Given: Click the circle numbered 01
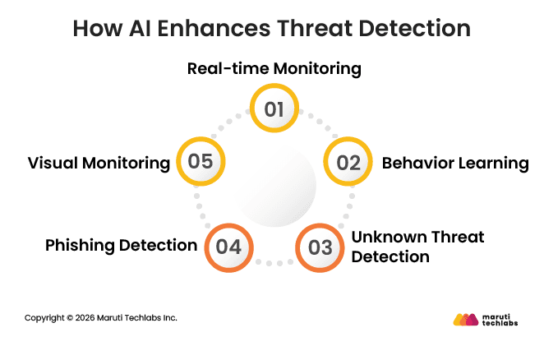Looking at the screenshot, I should coord(273,108).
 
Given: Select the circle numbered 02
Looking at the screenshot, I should coord(348,162).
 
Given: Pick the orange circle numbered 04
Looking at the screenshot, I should coord(228,246).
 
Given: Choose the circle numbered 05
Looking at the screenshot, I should coord(200,161).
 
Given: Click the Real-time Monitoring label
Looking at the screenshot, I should coord(274,68).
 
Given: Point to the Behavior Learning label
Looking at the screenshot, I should coord(454,163).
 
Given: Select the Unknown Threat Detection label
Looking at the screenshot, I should coord(417,247).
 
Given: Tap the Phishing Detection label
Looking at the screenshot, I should coord(121,245).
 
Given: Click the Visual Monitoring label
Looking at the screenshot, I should coord(99,163).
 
